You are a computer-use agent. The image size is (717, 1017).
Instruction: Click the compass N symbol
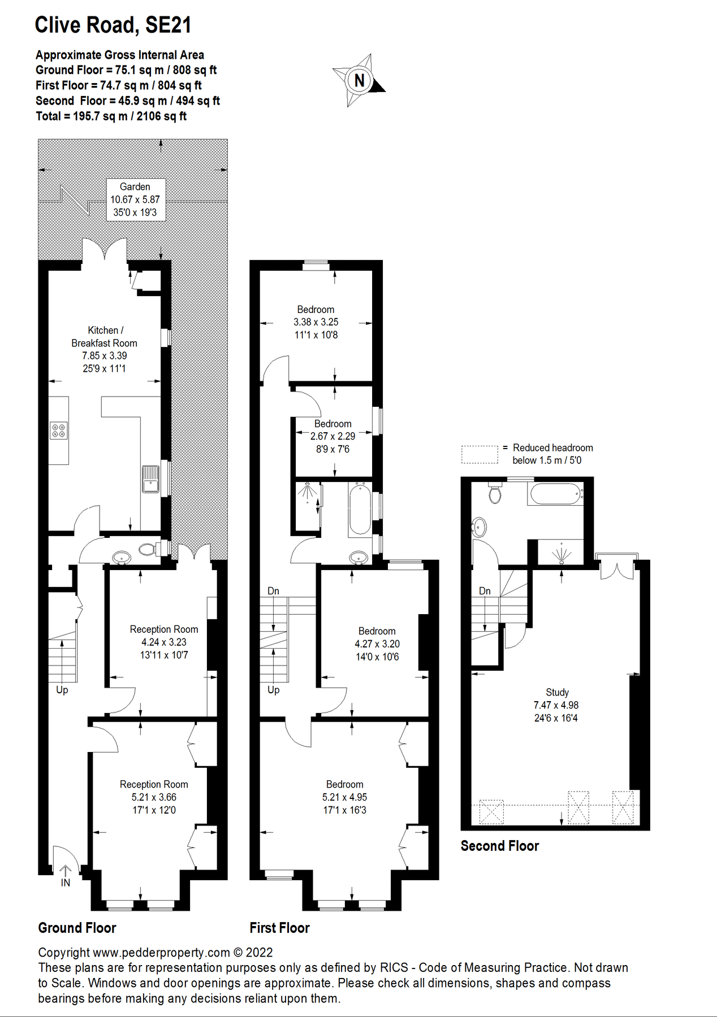pyautogui.click(x=360, y=80)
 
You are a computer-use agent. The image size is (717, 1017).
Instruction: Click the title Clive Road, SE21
pyautogui.click(x=113, y=25)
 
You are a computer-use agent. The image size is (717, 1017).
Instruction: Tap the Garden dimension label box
pyautogui.click(x=136, y=199)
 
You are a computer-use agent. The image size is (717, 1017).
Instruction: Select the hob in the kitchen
pyautogui.click(x=59, y=431)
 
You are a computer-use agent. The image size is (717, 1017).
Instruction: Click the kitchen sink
pyautogui.click(x=150, y=479)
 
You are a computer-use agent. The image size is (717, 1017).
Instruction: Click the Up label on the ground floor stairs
pyautogui.click(x=62, y=690)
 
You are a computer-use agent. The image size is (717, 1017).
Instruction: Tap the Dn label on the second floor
pyautogui.click(x=485, y=591)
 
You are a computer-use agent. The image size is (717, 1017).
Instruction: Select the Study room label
pyautogui.click(x=556, y=705)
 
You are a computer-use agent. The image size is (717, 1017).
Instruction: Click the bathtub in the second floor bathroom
pyautogui.click(x=556, y=494)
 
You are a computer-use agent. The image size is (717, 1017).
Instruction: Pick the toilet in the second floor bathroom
pyautogui.click(x=495, y=493)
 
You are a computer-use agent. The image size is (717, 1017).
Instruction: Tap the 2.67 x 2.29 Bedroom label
pyautogui.click(x=333, y=436)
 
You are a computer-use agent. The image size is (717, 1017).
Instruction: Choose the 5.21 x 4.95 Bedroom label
pyautogui.click(x=344, y=797)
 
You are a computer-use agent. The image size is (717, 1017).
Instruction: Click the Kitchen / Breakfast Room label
pyautogui.click(x=104, y=349)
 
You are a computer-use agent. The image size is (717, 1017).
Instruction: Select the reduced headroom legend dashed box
pyautogui.click(x=480, y=454)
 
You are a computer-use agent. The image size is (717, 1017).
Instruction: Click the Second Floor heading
pyautogui.click(x=499, y=846)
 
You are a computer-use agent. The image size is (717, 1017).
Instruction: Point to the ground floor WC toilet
pyautogui.click(x=148, y=549)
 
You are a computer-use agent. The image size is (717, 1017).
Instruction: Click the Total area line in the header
pyautogui.click(x=111, y=116)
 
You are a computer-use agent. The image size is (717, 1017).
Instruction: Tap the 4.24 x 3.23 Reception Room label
pyautogui.click(x=164, y=642)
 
